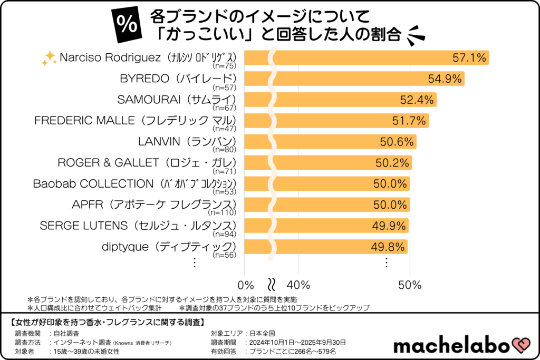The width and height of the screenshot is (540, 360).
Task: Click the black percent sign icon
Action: [x=127, y=25]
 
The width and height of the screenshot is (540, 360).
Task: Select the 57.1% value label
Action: [x=469, y=58]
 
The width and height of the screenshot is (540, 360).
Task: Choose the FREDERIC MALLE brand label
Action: [x=134, y=120]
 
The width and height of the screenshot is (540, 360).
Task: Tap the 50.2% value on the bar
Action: [x=392, y=163]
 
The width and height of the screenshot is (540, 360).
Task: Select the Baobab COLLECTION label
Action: [x=134, y=183]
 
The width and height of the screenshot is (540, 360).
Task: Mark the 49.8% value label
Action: [x=388, y=247]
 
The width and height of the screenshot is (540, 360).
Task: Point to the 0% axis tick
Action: [x=246, y=285]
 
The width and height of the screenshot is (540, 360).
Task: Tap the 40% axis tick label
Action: [x=298, y=285]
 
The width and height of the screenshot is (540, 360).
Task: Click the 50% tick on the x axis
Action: [x=410, y=285]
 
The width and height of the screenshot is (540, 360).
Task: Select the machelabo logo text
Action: [x=451, y=346]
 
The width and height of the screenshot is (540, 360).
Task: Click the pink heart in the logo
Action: [x=519, y=345]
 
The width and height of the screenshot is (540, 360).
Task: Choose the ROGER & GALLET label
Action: [x=146, y=162]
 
